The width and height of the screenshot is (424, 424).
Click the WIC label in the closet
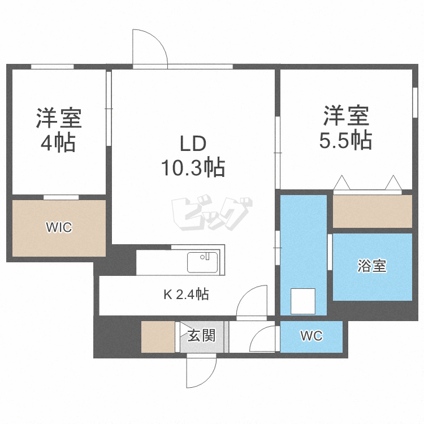(59, 227)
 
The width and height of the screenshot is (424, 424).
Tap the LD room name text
(193, 145)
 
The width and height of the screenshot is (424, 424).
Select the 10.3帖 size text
(193, 168)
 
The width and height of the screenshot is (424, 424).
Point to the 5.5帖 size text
(345, 139)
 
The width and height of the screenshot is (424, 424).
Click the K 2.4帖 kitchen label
(186, 294)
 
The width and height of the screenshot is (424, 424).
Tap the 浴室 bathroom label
(372, 266)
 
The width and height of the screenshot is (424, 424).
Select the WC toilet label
(311, 336)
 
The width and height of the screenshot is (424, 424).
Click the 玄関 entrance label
(201, 336)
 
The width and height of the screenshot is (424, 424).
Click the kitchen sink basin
(202, 262)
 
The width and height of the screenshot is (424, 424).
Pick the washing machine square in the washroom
(302, 301)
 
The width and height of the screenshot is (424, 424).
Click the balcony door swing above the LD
(150, 48)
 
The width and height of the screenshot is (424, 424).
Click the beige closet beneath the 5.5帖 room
(372, 211)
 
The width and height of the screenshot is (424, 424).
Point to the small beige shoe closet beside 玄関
(158, 337)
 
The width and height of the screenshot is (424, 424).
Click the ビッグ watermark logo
(210, 214)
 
